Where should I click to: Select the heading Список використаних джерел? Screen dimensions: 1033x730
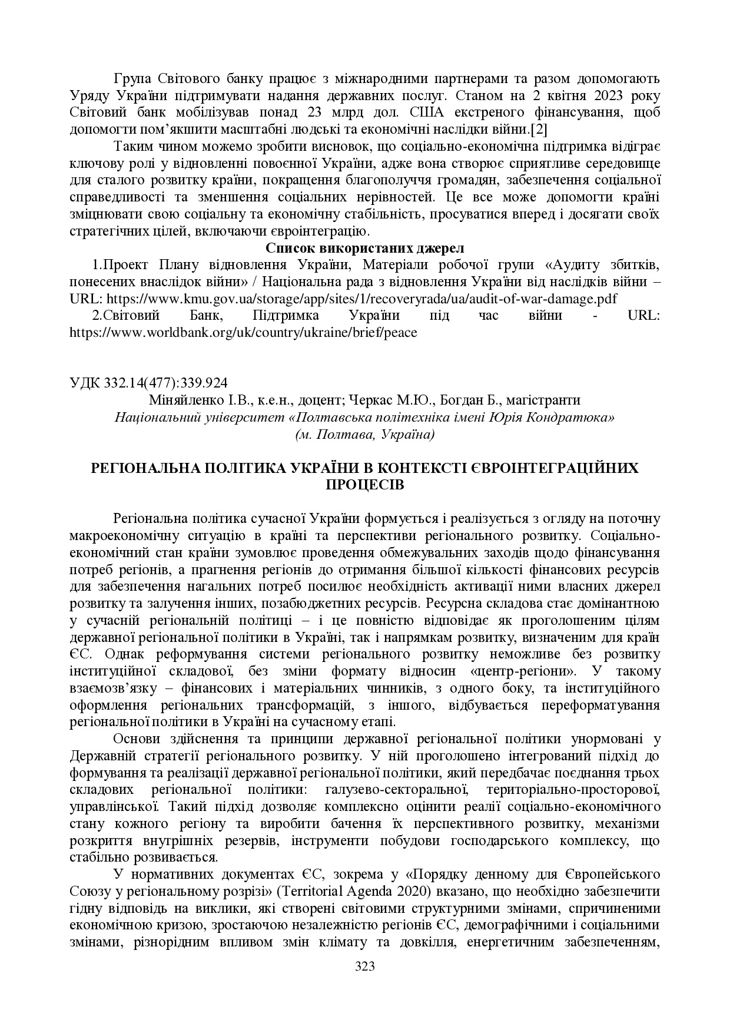pos(365,247)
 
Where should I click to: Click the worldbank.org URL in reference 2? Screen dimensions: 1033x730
pos(243,332)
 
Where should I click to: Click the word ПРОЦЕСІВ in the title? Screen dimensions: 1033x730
pos(365,485)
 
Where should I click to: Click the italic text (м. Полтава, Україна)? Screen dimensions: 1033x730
pos(365,435)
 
